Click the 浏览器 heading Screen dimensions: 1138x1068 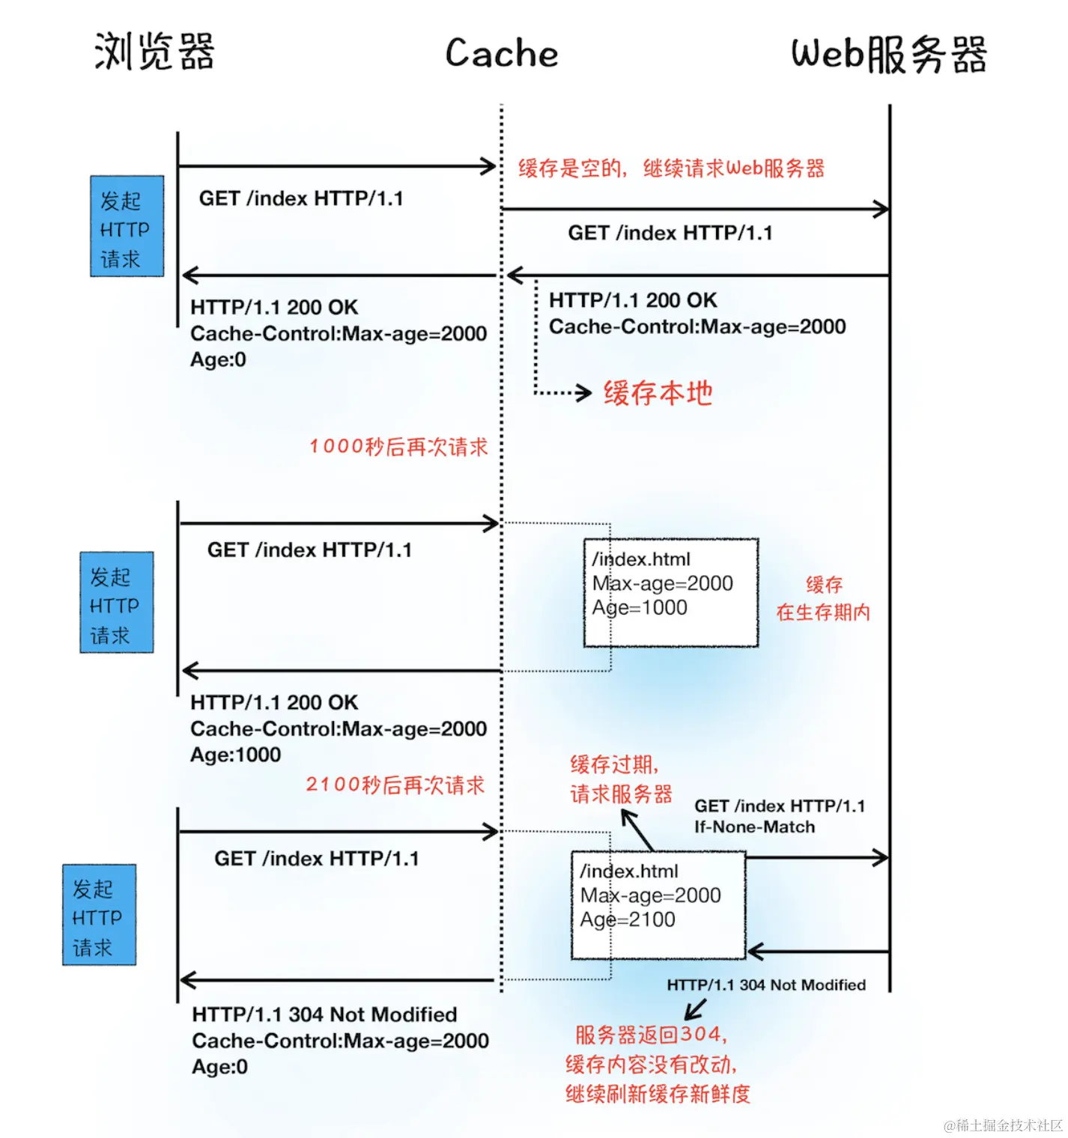(x=154, y=52)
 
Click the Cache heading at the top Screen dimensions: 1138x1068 (x=502, y=53)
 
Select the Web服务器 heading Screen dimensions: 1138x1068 (x=889, y=54)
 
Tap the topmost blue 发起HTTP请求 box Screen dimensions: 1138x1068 (x=127, y=226)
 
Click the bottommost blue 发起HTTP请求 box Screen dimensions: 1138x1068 (x=99, y=914)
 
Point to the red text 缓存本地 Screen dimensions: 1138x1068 (x=658, y=393)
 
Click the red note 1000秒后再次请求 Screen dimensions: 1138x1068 (x=398, y=447)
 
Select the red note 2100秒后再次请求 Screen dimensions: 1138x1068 (x=395, y=785)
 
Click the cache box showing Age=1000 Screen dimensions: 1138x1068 (x=671, y=592)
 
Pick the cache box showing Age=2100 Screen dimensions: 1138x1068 (x=658, y=904)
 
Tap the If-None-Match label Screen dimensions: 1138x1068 (x=754, y=827)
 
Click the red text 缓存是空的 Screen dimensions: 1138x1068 (x=571, y=168)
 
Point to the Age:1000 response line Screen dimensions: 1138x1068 (x=235, y=755)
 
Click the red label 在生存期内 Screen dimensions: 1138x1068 (x=823, y=612)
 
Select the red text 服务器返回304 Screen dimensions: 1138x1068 (x=650, y=1035)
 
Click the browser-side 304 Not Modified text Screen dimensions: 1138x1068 (x=324, y=1014)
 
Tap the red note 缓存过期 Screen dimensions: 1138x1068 (x=614, y=764)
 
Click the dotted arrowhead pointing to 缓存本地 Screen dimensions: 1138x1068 (x=585, y=392)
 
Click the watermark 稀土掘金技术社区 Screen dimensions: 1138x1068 (x=1003, y=1125)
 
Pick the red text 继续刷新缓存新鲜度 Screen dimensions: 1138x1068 (x=658, y=1094)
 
